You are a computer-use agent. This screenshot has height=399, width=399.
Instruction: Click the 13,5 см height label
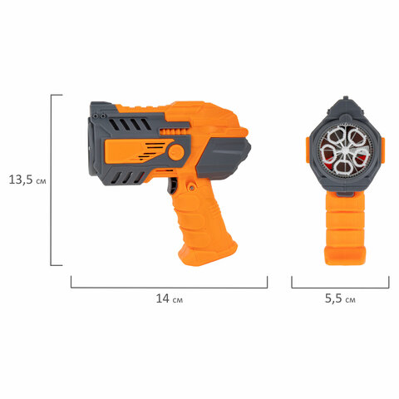tap(27, 180)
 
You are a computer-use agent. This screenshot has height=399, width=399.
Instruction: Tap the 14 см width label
tap(170, 298)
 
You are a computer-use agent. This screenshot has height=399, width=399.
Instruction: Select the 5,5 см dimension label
tap(340, 298)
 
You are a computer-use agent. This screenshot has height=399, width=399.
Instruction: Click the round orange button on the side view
tap(176, 152)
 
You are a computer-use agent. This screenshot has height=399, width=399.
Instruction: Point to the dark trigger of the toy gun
tap(172, 186)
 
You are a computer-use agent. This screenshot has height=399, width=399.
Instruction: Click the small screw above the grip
tap(191, 187)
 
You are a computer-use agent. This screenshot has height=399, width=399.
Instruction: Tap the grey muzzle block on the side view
tap(223, 158)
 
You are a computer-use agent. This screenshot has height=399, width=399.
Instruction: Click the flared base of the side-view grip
tap(208, 254)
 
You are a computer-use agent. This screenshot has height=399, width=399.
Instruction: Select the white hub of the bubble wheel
tap(345, 150)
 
